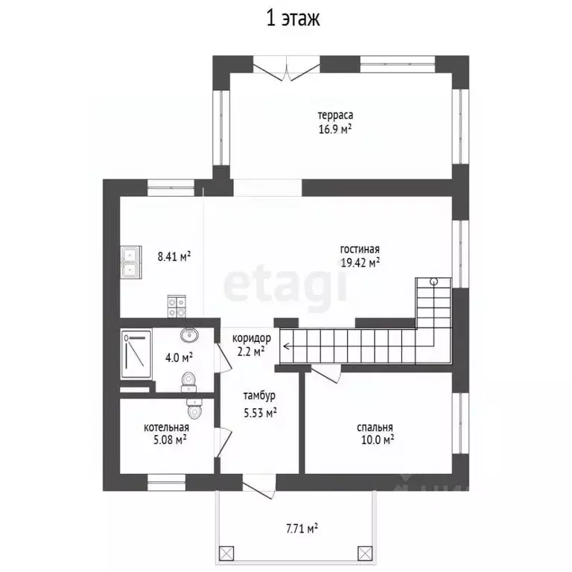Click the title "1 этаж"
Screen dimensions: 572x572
[293, 19]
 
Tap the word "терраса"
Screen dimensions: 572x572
[335, 115]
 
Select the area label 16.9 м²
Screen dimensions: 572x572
[335, 129]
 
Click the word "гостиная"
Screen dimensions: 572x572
[360, 250]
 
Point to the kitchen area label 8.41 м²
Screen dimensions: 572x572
[174, 256]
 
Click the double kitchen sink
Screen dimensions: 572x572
[131, 263]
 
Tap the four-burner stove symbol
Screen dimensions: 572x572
[177, 306]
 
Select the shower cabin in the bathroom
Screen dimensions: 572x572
[136, 354]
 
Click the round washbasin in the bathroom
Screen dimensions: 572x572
[189, 334]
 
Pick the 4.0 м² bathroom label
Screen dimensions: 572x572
[179, 357]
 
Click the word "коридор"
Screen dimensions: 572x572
[252, 338]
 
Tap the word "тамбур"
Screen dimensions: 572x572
[259, 395]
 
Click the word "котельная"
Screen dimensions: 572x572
[166, 428]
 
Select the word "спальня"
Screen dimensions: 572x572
[375, 428]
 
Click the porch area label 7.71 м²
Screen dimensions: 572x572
[302, 528]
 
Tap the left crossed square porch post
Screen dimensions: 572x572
[226, 553]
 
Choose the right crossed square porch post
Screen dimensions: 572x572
[365, 553]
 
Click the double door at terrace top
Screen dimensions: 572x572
[286, 69]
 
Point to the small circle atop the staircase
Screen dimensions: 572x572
[433, 282]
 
